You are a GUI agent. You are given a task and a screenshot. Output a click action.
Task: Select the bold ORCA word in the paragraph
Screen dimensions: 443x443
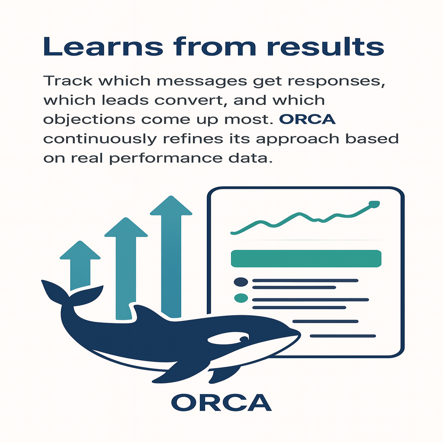click(308, 119)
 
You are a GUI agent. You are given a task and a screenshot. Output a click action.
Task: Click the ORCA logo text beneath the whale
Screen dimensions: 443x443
click(221, 403)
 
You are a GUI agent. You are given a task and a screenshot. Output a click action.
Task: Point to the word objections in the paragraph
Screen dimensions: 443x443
click(89, 120)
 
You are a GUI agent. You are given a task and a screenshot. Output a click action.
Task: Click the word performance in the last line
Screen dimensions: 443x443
click(166, 158)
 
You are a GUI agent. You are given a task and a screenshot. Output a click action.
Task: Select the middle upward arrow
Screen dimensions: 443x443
click(126, 268)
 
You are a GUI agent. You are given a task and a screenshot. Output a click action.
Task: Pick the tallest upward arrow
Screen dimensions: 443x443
click(171, 256)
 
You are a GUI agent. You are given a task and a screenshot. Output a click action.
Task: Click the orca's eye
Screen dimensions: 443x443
click(244, 339)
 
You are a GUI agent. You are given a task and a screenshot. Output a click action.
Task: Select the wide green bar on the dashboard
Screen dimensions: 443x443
click(306, 259)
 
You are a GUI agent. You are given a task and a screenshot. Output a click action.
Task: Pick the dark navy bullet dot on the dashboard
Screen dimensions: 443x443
click(241, 282)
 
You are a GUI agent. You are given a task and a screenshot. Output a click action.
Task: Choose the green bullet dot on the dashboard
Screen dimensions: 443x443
click(241, 298)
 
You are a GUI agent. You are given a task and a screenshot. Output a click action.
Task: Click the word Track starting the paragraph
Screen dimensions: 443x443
click(68, 81)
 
